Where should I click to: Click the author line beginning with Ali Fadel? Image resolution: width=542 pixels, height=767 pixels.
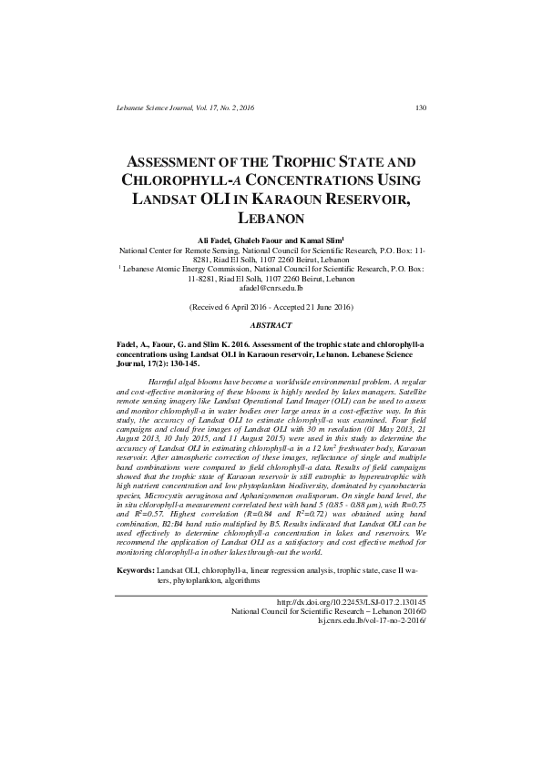271,238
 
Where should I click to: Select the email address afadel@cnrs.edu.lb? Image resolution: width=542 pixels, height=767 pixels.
271,288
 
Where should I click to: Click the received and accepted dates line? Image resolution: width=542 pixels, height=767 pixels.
271,309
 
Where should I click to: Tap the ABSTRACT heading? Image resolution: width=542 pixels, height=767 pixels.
271,325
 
